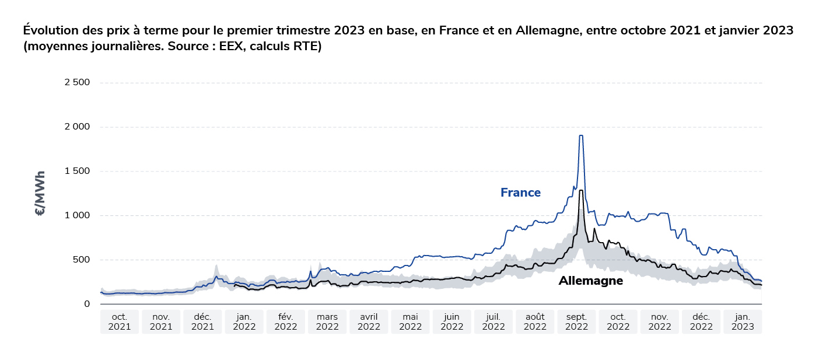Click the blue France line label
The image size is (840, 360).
point(520,193)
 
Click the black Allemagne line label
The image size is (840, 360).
point(590,281)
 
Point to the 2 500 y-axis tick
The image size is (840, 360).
point(77,82)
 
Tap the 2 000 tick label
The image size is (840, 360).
point(77,127)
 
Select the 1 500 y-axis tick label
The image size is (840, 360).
point(78,171)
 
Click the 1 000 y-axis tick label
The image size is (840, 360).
point(78,215)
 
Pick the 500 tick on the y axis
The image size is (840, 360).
point(82,260)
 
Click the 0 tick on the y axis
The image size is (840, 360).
point(87,304)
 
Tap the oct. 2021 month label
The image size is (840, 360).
point(120,321)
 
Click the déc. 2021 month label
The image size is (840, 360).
point(202,321)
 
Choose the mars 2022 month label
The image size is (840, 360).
point(327,321)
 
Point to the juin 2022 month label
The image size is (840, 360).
point(452,321)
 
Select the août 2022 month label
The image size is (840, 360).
point(535,321)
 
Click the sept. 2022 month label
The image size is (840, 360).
point(576,321)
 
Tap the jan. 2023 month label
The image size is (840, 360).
point(743,321)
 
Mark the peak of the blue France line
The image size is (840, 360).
point(581,136)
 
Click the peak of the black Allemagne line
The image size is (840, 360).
point(581,190)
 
